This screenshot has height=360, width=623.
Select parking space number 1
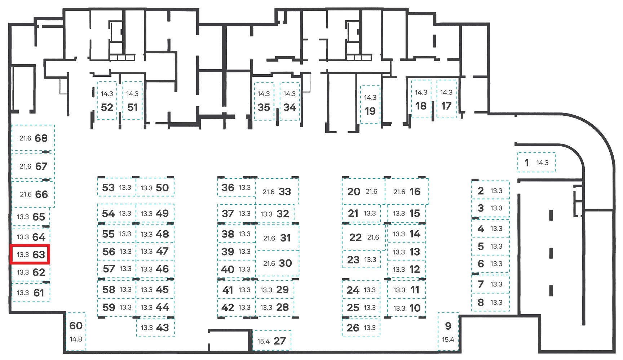pos(536,163)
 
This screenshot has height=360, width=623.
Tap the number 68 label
pos(41,138)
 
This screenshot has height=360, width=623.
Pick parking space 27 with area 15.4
pos(272,341)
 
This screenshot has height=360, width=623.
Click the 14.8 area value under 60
pos(76,339)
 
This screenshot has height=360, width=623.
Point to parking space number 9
pos(448,332)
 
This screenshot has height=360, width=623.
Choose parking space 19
pos(370,105)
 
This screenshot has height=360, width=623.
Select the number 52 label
pos(107,107)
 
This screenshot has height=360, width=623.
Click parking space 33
pos(277,191)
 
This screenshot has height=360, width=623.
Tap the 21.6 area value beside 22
pos(373,237)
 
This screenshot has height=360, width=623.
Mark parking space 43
pos(155,328)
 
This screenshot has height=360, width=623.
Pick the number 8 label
pos(481,302)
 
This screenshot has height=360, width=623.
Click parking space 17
pos(446,99)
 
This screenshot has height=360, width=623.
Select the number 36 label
pos(228,187)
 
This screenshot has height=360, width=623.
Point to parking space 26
pos(361,328)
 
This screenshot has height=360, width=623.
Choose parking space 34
pos(290,101)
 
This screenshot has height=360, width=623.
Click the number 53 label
pos(108,187)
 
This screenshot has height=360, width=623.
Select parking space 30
pos(277,263)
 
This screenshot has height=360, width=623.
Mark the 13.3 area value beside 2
pos(496,191)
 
